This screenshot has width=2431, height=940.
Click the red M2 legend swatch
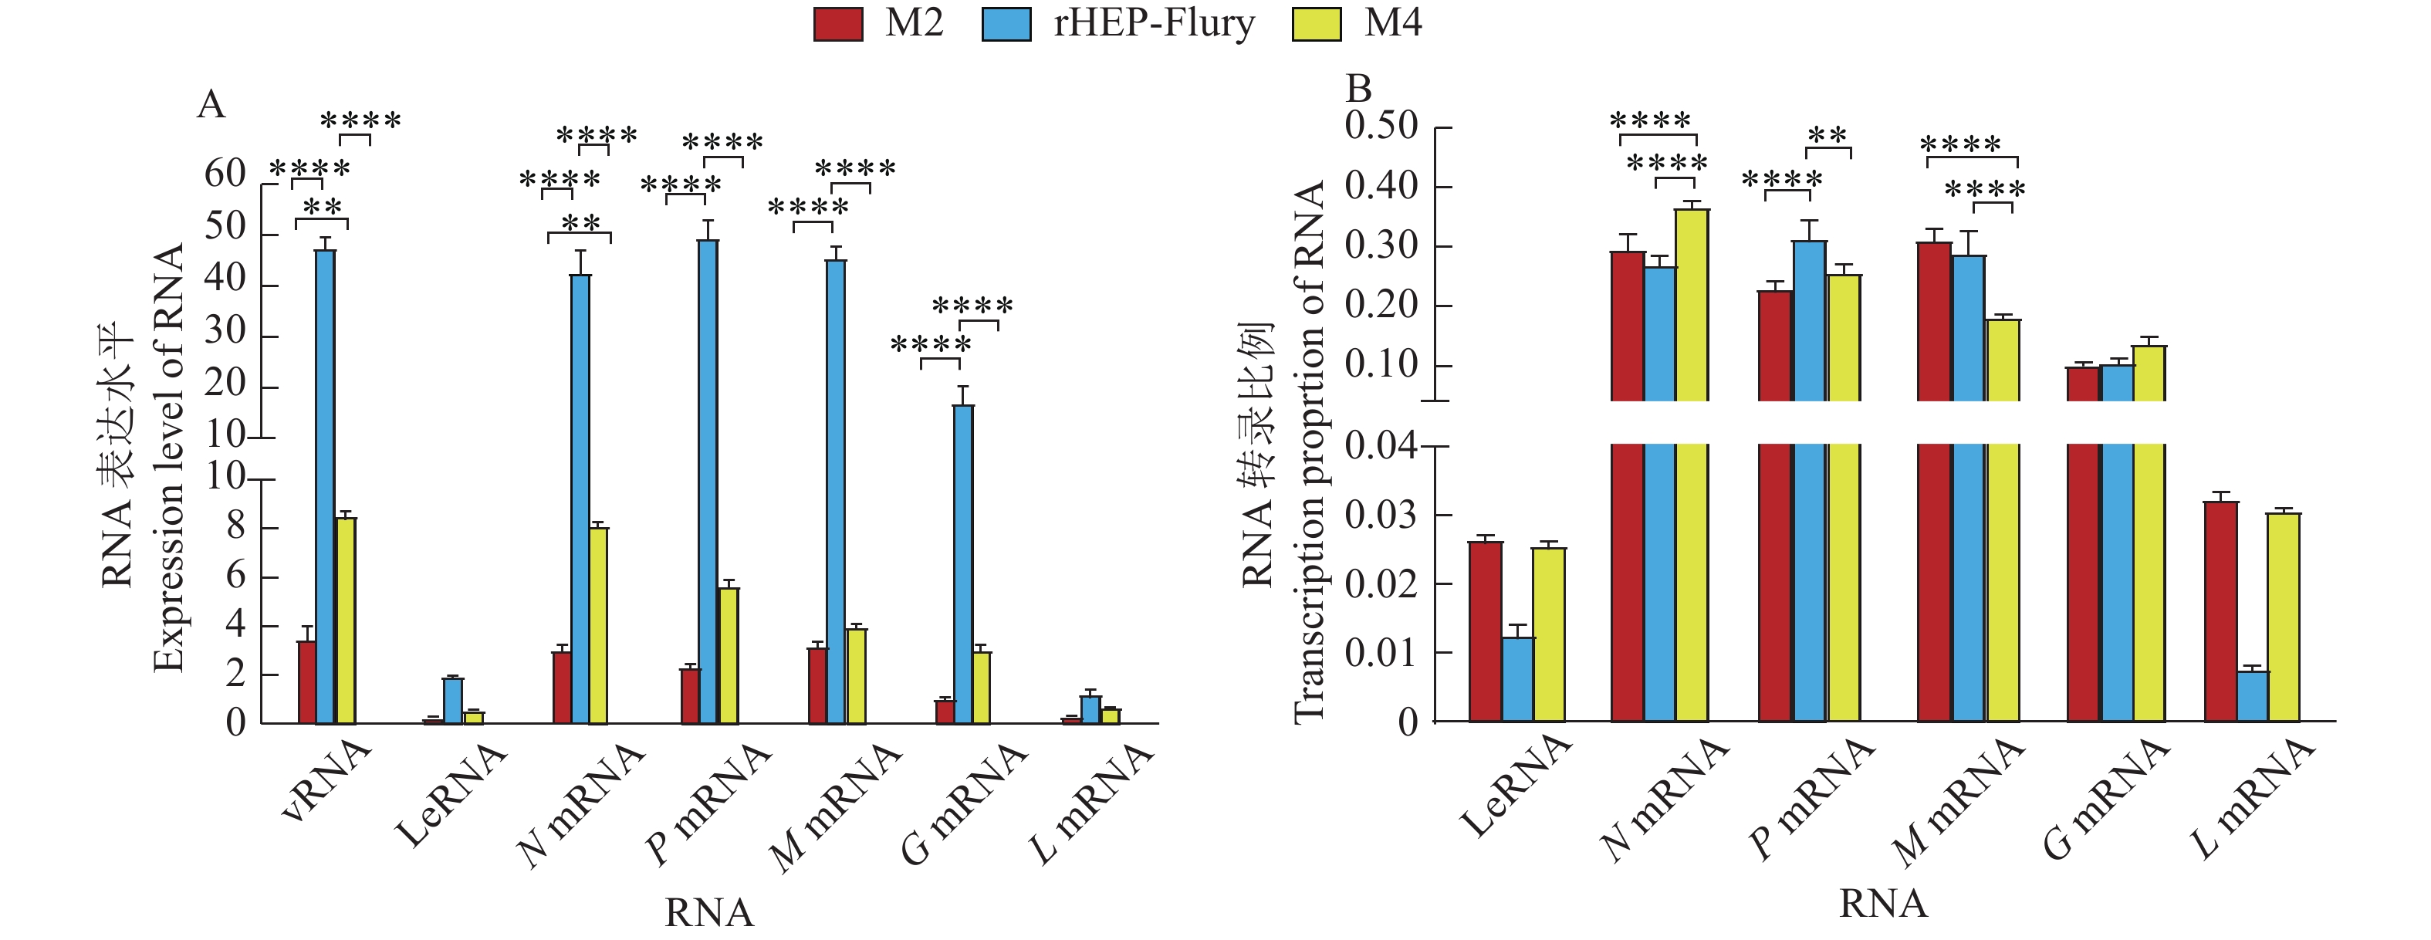click(838, 25)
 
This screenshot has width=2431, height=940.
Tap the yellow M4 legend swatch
click(1316, 25)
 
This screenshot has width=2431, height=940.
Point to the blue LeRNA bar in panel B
click(1519, 678)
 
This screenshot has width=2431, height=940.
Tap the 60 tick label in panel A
click(225, 174)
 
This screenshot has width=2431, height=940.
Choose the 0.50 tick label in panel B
click(1381, 126)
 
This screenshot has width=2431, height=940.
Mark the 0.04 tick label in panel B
click(1381, 445)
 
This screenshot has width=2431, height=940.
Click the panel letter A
click(211, 105)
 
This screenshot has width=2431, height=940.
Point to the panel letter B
click(1358, 89)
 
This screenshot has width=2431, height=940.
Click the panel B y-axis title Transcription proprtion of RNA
click(1310, 453)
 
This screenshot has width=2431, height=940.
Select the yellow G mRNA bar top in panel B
click(2149, 347)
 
